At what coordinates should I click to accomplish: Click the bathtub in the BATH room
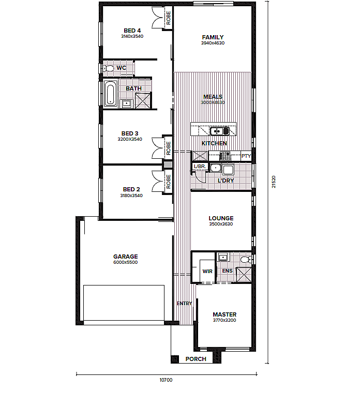click(111, 94)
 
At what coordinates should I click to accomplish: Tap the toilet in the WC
click(109, 68)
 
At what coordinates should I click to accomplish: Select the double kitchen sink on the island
click(220, 131)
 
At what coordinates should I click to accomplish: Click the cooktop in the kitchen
click(225, 156)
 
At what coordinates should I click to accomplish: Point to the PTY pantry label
click(246, 156)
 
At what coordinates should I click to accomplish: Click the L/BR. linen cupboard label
click(200, 166)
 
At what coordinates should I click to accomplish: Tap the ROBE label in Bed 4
click(169, 18)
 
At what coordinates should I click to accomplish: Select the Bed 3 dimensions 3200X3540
click(130, 139)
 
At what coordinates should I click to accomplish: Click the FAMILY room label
click(213, 37)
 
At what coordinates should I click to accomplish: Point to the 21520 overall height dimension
click(274, 182)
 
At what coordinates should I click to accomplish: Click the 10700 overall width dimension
click(166, 380)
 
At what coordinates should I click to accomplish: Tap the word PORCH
click(196, 359)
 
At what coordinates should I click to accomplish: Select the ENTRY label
click(185, 303)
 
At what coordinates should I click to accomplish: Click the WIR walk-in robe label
click(207, 271)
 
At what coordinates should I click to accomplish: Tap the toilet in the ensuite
click(245, 260)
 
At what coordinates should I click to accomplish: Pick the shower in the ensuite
click(244, 275)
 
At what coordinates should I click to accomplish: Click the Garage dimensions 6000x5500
click(125, 262)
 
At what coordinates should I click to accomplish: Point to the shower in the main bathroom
click(143, 101)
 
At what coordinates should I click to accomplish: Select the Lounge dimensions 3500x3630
click(221, 224)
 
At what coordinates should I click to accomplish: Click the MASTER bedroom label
click(224, 314)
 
